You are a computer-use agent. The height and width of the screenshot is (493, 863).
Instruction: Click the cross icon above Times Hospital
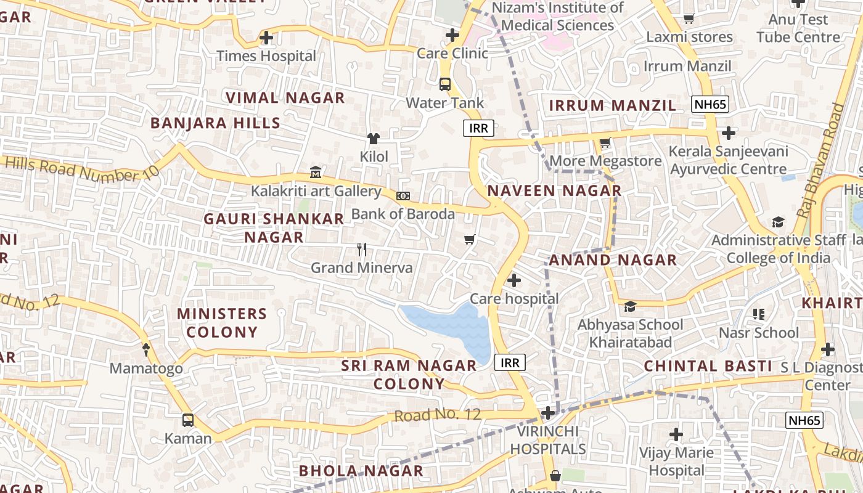(x=266, y=38)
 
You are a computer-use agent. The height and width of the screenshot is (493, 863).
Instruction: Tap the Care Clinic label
(x=452, y=54)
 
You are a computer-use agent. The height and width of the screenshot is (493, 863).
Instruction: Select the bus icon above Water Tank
(x=445, y=84)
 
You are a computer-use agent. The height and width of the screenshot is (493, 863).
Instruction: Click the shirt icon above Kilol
(x=374, y=139)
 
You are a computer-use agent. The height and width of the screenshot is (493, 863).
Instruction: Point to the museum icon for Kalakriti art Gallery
(x=316, y=172)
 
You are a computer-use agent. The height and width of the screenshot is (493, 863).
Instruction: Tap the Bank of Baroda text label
(x=403, y=214)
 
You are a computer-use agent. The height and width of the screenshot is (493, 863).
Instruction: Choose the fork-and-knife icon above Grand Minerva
(x=362, y=250)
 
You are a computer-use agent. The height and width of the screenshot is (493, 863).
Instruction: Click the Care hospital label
(x=514, y=299)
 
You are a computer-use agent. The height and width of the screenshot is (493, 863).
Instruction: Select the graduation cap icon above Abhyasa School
(x=630, y=307)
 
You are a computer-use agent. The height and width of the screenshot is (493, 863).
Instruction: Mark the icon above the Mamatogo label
(x=146, y=350)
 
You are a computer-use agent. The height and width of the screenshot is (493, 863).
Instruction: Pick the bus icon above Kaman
(x=188, y=420)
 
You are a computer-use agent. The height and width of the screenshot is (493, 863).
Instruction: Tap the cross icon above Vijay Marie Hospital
(x=676, y=434)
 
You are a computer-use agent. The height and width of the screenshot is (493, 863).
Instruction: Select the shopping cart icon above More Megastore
(x=605, y=143)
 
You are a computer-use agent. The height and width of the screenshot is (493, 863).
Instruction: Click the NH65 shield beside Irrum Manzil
(x=710, y=104)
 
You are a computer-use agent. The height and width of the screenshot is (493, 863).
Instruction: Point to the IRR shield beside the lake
(x=510, y=362)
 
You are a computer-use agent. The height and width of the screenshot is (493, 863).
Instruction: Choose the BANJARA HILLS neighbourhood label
(x=216, y=123)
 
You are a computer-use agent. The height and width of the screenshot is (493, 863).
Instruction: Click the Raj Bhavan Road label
(x=820, y=160)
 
